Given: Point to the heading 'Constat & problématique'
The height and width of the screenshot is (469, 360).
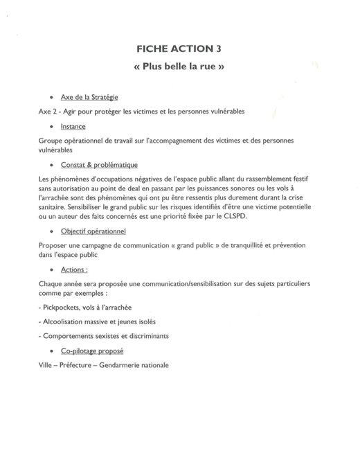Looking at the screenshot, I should [99, 165].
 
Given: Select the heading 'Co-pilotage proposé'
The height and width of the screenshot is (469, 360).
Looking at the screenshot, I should [92, 351].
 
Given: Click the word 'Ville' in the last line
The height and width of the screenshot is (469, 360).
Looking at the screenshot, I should [46, 365].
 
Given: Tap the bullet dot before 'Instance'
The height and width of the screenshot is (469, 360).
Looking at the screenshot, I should [53, 127].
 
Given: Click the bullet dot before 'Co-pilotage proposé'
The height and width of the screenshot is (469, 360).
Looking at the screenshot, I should [53, 351].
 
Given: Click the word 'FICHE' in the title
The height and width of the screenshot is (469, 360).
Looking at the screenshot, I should [154, 48].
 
